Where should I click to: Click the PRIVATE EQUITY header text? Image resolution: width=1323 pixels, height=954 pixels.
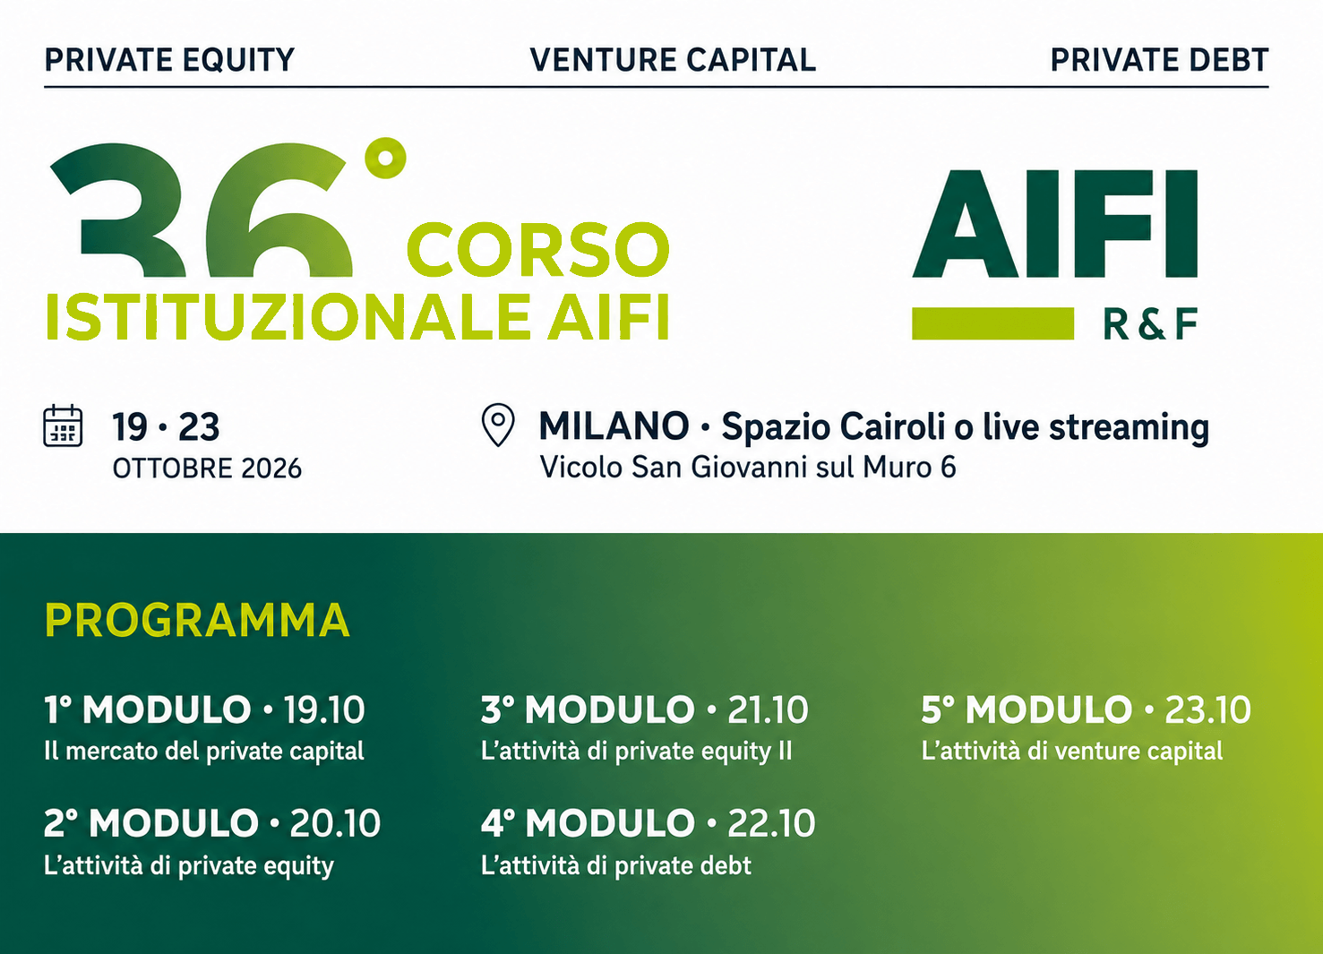click(169, 60)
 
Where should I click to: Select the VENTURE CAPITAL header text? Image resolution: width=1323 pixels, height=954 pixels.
click(673, 60)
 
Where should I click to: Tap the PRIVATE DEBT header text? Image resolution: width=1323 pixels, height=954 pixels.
click(1159, 60)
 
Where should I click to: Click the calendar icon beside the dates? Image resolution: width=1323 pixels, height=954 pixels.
click(63, 425)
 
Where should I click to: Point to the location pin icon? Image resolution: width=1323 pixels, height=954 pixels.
click(499, 425)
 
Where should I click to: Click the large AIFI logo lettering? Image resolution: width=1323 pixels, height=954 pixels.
click(1055, 224)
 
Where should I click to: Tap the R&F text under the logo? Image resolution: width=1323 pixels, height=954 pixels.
click(1150, 323)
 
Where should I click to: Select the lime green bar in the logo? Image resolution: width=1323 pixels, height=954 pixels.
click(992, 323)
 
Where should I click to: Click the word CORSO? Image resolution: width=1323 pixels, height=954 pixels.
click(538, 249)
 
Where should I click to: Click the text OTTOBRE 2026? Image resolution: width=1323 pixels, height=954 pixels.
click(207, 468)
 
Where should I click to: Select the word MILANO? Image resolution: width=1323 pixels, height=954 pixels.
click(614, 425)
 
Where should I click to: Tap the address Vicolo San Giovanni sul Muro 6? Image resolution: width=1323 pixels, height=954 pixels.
click(748, 468)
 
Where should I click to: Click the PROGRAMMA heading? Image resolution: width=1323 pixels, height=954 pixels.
click(197, 620)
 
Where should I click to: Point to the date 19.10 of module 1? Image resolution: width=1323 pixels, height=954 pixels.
click(324, 709)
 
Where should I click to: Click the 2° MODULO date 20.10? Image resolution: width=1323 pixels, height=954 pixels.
click(335, 823)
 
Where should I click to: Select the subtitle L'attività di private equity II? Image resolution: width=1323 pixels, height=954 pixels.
click(636, 752)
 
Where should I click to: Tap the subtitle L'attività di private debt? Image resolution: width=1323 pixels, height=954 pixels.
click(616, 865)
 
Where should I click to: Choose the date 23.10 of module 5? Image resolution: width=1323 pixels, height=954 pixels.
click(1207, 709)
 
